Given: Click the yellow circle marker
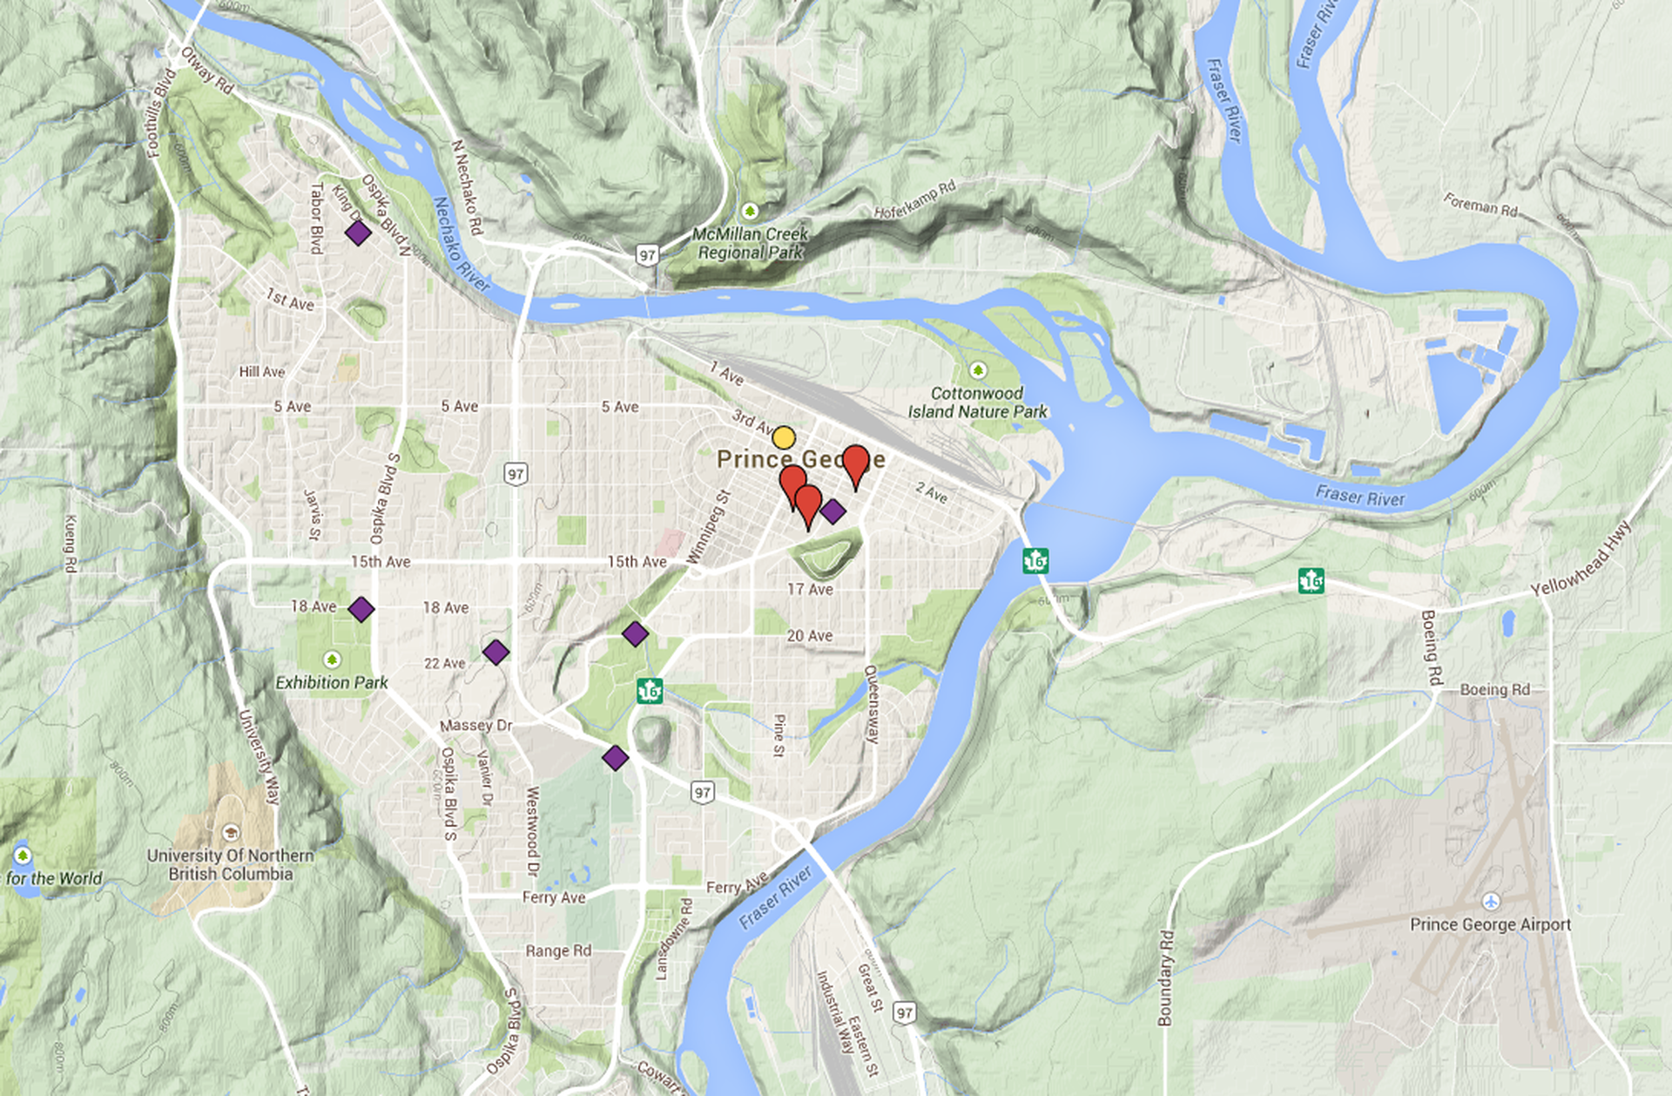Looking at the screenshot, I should (784, 437).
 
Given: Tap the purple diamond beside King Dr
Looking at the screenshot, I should (358, 233).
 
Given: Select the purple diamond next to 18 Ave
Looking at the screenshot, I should (361, 609).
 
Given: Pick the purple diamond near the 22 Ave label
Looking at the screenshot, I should (496, 652).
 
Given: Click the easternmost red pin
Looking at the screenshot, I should (856, 463).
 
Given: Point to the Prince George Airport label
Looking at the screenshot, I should (1490, 924).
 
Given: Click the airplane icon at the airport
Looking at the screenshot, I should (1491, 900).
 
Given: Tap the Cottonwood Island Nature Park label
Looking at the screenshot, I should (977, 403).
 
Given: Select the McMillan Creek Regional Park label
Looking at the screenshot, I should (751, 243).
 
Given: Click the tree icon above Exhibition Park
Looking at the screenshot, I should (331, 659).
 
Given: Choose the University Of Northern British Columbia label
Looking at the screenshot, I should (231, 864).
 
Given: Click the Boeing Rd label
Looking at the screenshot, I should (1494, 689).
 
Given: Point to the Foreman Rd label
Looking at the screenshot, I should (1480, 205).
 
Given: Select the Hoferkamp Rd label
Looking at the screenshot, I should (914, 200).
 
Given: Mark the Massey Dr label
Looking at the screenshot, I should (476, 725).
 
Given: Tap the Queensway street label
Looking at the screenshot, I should (871, 704).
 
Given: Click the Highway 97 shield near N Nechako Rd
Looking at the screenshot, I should (646, 255).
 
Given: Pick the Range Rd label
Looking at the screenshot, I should (558, 951).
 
